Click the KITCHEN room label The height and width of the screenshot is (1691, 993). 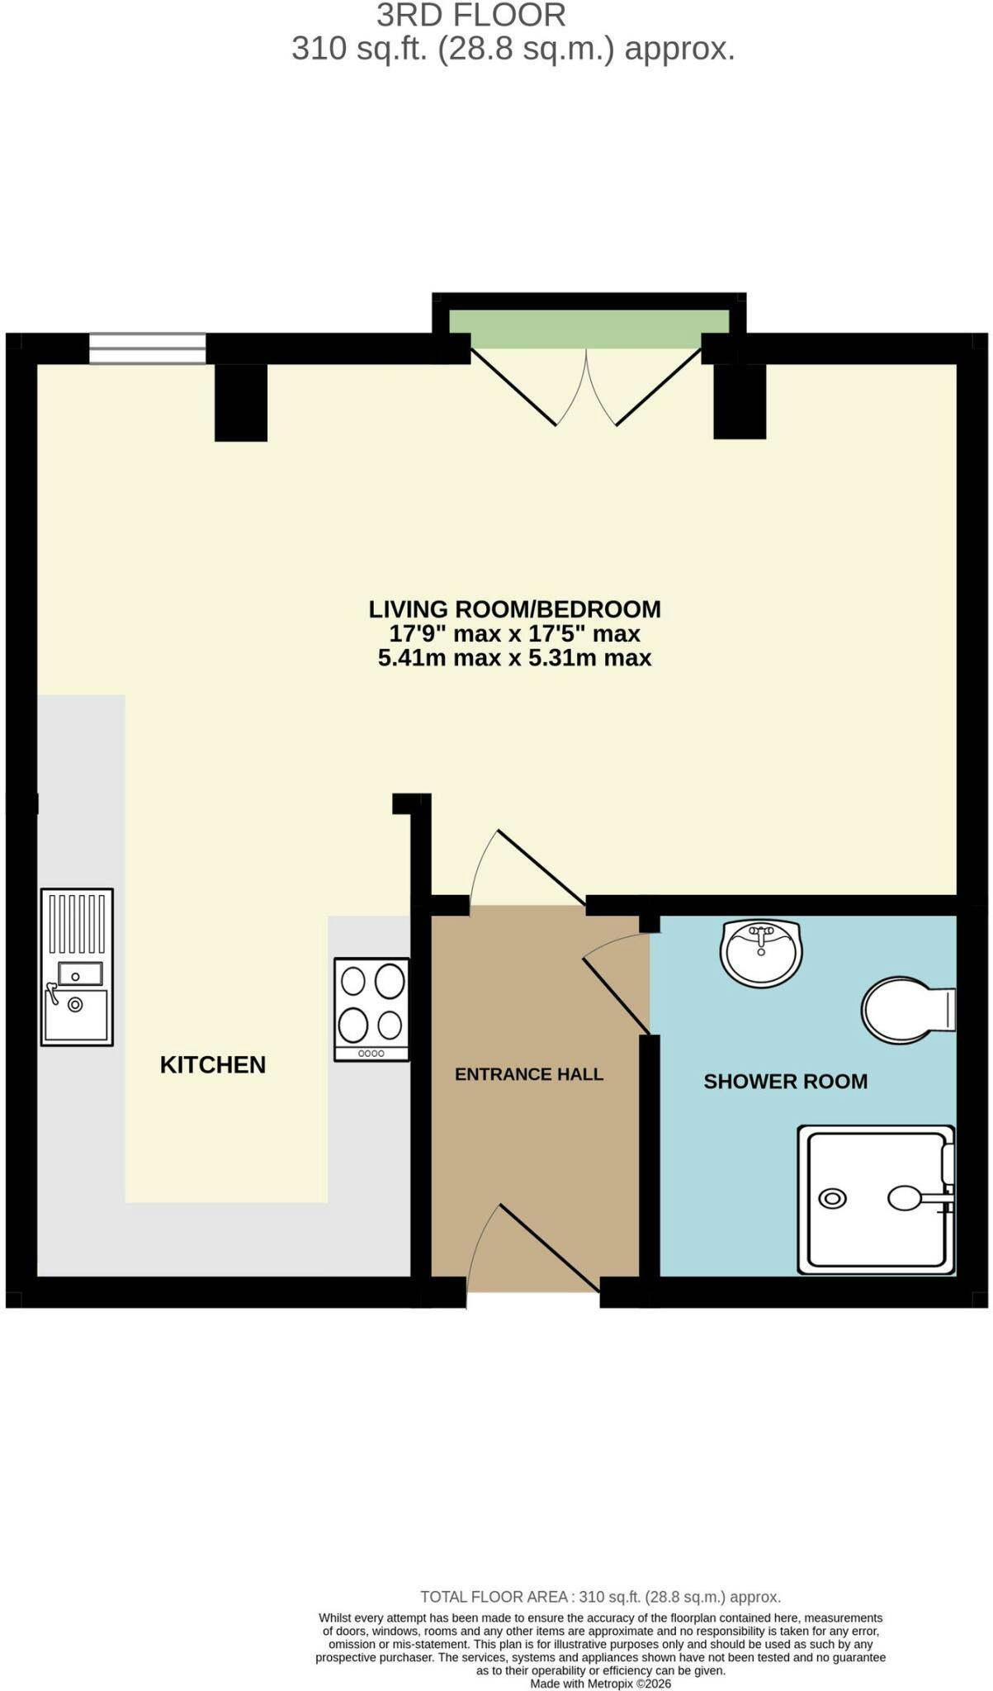pyautogui.click(x=213, y=1065)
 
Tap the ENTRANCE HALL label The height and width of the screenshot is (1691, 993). pyautogui.click(x=529, y=1074)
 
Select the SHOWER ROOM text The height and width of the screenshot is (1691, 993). pyautogui.click(x=785, y=1082)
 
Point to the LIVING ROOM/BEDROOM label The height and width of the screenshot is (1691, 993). pyautogui.click(x=514, y=609)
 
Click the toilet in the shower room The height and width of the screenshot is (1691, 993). pyautogui.click(x=908, y=1011)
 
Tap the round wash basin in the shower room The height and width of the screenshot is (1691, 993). pyautogui.click(x=761, y=953)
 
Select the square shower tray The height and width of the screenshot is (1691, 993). pyautogui.click(x=876, y=1200)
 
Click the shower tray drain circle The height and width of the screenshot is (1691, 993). pyautogui.click(x=832, y=1198)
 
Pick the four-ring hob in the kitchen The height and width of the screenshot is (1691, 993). pyautogui.click(x=371, y=1009)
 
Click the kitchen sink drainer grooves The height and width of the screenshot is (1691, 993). pyautogui.click(x=77, y=925)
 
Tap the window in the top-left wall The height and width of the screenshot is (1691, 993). pyautogui.click(x=147, y=348)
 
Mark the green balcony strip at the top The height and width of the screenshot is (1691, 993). pyautogui.click(x=589, y=329)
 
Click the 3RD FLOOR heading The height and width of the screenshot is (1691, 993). pyautogui.click(x=471, y=15)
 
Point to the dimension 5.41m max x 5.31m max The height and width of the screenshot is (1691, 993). pyautogui.click(x=514, y=658)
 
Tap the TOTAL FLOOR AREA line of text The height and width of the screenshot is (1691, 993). pyautogui.click(x=600, y=1597)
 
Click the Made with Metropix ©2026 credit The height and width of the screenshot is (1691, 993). pyautogui.click(x=600, y=1684)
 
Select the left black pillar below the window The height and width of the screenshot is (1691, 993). pyautogui.click(x=241, y=402)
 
